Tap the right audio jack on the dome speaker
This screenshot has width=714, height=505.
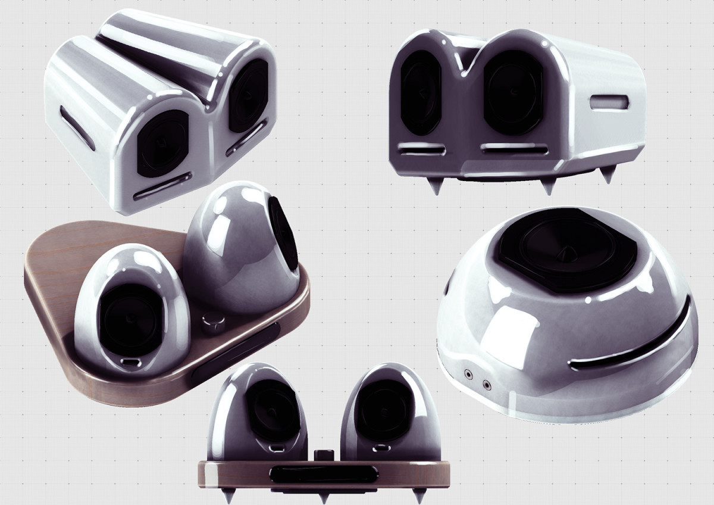click(487, 384)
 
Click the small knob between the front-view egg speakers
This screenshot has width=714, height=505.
click(324, 456)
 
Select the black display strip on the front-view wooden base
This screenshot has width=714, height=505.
click(324, 474)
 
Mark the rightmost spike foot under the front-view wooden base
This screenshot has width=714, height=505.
click(419, 495)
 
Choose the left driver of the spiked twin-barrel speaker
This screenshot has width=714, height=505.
click(421, 92)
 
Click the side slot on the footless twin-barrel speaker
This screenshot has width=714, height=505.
click(77, 127)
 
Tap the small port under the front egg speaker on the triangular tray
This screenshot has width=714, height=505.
click(130, 361)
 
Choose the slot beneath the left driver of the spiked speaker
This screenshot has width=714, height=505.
click(421, 150)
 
